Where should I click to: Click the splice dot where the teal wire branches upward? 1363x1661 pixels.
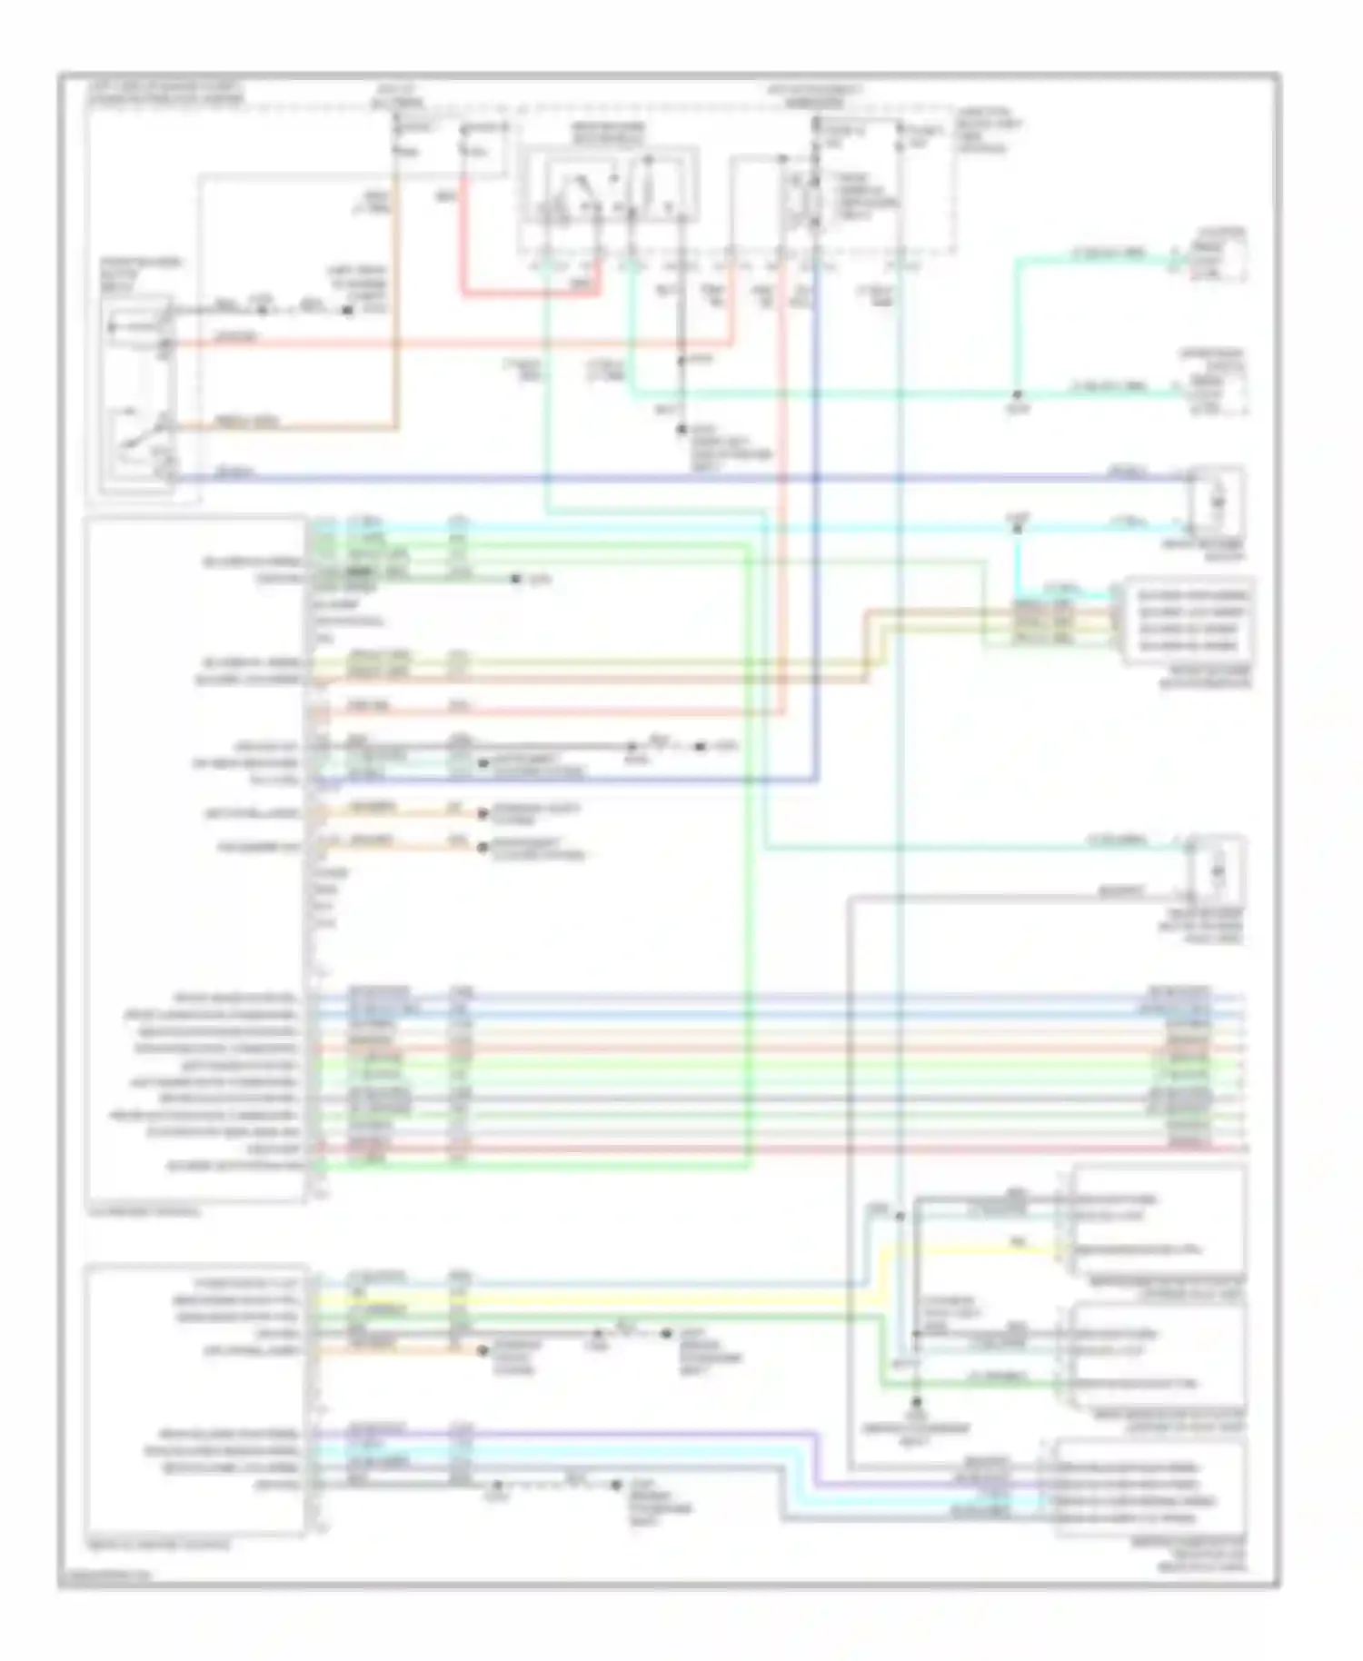(x=1017, y=395)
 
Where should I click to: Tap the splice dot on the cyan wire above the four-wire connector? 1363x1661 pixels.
(x=1017, y=527)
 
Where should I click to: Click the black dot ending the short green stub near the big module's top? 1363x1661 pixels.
(x=515, y=579)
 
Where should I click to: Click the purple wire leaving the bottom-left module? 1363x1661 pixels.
(x=545, y=1433)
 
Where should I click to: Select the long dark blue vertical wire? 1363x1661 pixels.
(x=817, y=545)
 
